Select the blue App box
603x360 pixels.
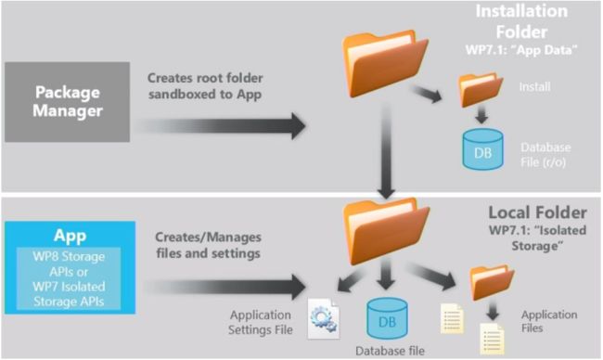point(69,265)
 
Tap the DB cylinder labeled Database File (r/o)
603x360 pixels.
point(482,148)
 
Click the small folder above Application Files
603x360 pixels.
point(491,284)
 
